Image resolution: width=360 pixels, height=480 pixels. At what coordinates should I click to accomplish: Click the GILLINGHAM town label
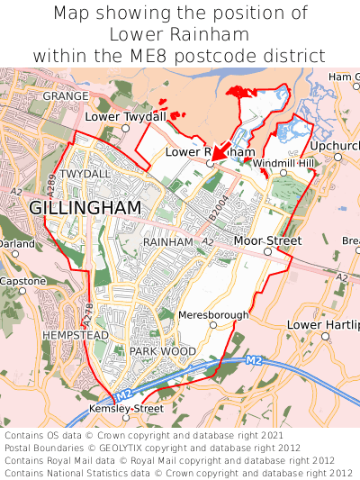85,208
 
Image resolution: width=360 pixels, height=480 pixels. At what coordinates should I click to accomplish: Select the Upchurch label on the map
335,145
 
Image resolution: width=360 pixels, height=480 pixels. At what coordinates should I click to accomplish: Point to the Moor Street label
266,241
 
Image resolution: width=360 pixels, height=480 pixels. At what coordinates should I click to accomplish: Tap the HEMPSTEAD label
75,335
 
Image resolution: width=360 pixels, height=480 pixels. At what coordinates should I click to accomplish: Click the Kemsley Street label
127,409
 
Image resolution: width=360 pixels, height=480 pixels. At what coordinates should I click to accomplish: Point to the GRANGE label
66,95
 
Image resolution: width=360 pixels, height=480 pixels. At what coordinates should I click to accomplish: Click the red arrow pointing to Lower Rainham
221,149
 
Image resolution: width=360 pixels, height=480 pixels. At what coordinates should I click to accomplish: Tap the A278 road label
87,314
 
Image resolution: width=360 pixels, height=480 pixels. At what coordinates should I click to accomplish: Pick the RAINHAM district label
168,242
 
